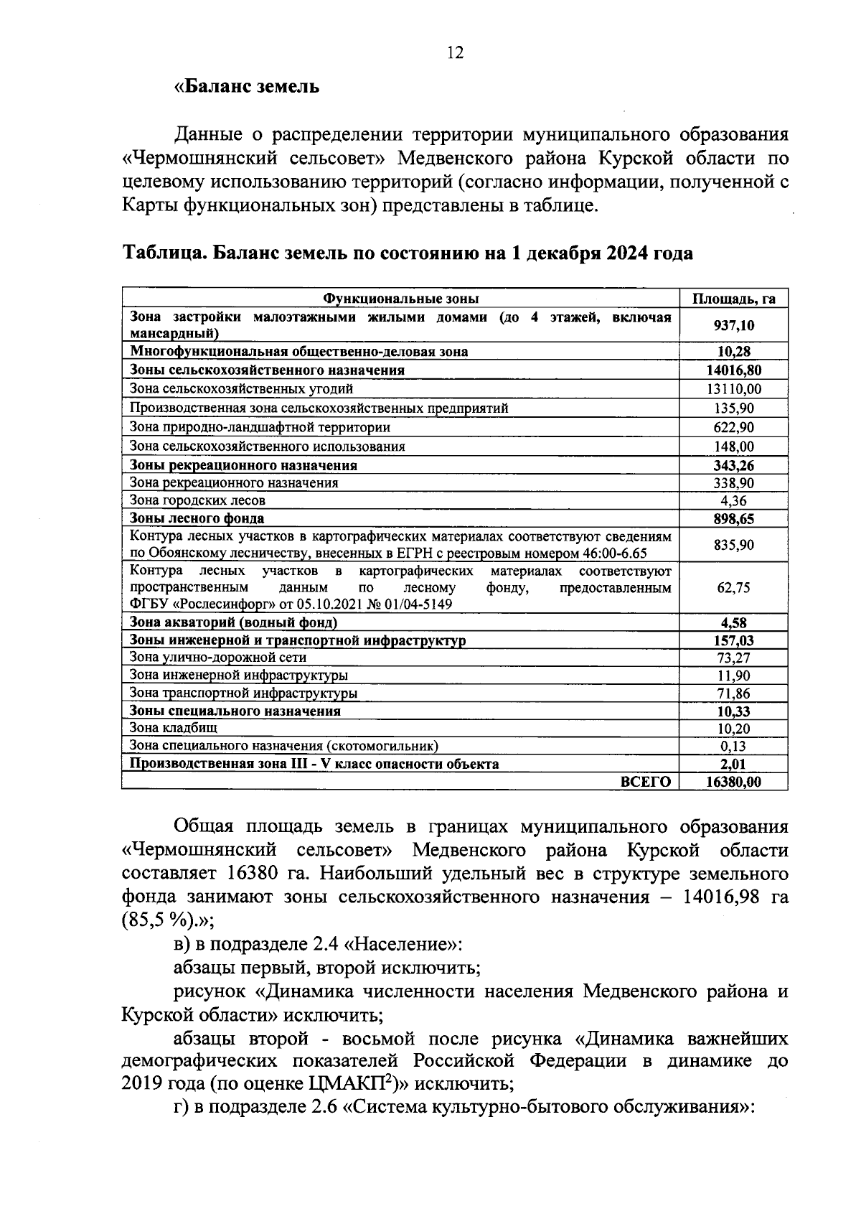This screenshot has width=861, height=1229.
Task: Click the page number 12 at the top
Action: tap(455, 52)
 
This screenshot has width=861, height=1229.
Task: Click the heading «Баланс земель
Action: tap(247, 87)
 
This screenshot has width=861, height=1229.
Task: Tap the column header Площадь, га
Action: tap(733, 299)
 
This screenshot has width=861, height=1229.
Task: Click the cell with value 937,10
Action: tap(733, 325)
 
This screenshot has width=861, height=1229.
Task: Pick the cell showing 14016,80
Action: tap(733, 370)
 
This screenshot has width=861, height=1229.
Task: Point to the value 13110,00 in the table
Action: tap(733, 389)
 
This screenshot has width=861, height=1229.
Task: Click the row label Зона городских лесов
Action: tap(197, 500)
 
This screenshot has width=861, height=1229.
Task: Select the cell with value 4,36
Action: tap(733, 501)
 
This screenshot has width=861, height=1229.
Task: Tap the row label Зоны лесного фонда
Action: tap(197, 518)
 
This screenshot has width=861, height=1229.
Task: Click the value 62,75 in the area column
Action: tap(733, 587)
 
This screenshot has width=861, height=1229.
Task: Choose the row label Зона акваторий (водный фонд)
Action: tap(233, 622)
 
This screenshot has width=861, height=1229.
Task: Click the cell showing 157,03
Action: tap(733, 640)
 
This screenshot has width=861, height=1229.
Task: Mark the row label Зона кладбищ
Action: tap(163, 728)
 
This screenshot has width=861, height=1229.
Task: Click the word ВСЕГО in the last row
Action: tap(645, 782)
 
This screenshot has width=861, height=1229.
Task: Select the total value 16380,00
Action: tap(733, 782)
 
